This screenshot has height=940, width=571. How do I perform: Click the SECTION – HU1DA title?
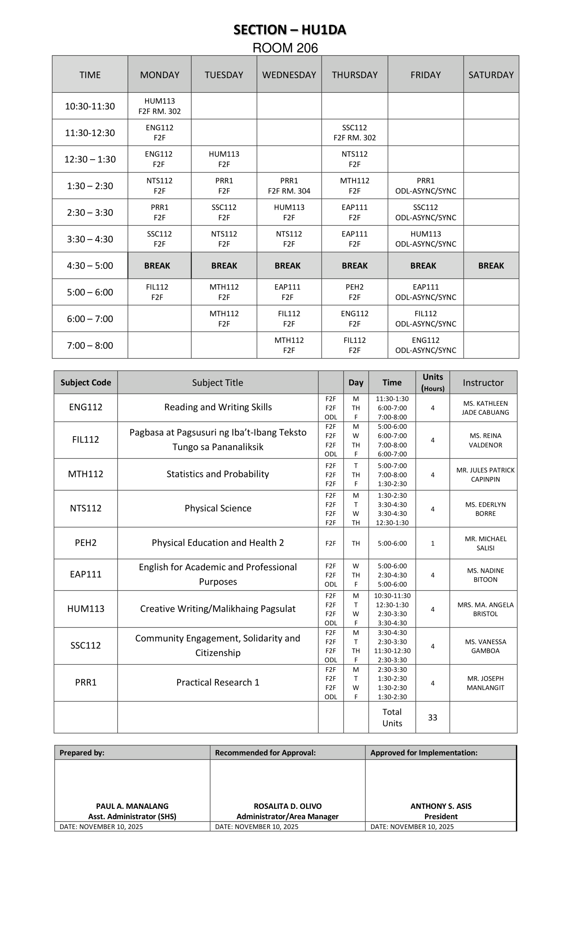click(289, 30)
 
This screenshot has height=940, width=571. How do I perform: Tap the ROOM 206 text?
click(285, 48)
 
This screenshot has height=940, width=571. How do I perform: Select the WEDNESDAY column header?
click(289, 75)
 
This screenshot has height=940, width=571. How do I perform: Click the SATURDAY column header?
click(491, 75)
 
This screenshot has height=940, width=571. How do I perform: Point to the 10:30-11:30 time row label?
click(90, 106)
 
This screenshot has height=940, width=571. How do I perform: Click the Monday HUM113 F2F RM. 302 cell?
click(159, 106)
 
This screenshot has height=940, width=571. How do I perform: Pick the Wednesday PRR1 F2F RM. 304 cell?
click(289, 186)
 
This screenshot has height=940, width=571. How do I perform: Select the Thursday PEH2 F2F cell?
click(354, 292)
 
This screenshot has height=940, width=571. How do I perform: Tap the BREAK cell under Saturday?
click(491, 265)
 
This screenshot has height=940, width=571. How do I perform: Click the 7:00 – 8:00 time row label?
click(90, 345)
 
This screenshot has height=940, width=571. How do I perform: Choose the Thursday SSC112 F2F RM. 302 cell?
click(354, 133)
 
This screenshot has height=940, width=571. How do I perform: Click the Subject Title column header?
click(218, 383)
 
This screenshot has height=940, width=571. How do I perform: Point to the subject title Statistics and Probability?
click(218, 474)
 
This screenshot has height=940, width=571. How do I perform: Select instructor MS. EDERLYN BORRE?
click(485, 509)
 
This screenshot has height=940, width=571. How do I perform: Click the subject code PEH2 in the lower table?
click(86, 543)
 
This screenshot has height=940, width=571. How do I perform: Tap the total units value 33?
click(432, 717)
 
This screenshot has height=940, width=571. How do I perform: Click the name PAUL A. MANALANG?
click(132, 806)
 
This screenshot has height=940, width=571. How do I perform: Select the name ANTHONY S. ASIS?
click(441, 806)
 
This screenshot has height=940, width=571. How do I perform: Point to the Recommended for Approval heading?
click(265, 753)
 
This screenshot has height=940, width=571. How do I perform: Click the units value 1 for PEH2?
click(432, 543)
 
